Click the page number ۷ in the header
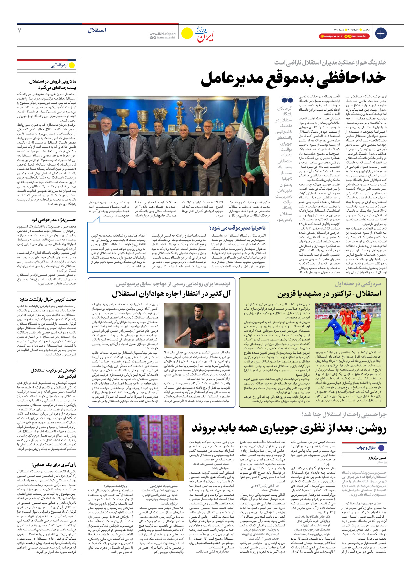(x=19, y=30)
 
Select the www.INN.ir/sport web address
(x=163, y=34)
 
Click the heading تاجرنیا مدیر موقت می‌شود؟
(x=237, y=228)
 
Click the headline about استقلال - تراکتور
(x=329, y=294)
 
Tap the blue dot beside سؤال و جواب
(x=381, y=448)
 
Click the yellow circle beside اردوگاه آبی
(x=72, y=65)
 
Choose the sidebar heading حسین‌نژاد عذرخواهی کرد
(x=54, y=220)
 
